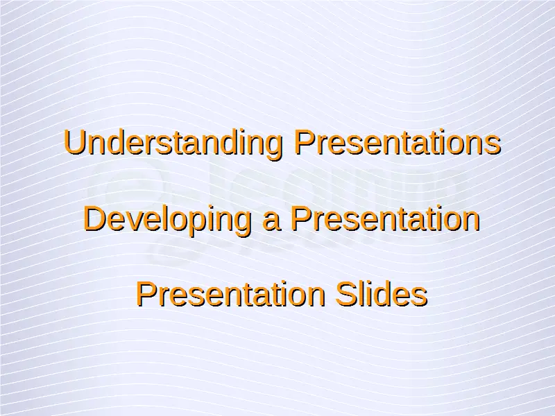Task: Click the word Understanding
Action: (173, 144)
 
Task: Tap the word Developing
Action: (167, 220)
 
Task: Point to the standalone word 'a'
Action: (272, 222)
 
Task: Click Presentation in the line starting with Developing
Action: (386, 218)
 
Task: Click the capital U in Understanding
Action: (74, 142)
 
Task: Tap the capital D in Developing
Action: (94, 218)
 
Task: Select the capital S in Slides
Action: (346, 294)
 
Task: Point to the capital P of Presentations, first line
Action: (305, 142)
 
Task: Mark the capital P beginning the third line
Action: (146, 293)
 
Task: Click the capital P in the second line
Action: (301, 218)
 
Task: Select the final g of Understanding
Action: (273, 148)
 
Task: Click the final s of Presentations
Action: (493, 146)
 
